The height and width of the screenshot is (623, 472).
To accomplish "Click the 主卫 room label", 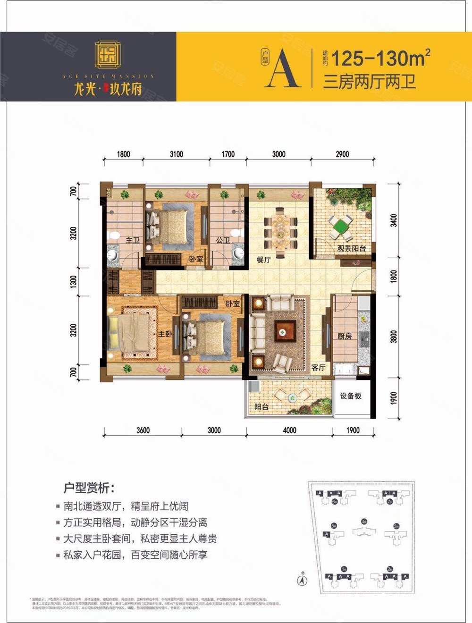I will tap(132, 241).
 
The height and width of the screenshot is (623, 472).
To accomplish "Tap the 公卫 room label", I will tap(223, 241).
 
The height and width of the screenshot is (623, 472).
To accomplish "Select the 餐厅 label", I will tap(263, 259).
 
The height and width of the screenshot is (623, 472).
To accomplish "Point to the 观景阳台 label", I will tap(351, 248).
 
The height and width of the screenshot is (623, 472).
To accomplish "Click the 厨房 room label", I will tap(345, 337).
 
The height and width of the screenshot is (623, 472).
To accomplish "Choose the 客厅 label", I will tap(318, 367).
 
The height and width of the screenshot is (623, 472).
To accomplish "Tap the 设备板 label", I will tap(351, 396).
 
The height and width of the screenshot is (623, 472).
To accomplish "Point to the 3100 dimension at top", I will tap(176, 154).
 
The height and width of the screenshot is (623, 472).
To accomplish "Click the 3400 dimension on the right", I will tap(394, 220).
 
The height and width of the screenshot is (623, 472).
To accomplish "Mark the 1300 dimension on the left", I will tap(73, 282).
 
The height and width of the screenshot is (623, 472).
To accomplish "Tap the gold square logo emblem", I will tap(108, 55).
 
